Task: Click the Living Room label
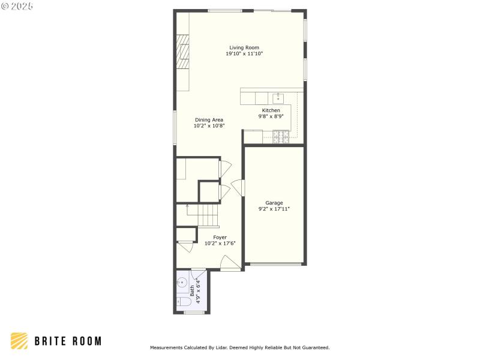[244, 47]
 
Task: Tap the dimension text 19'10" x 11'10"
[244, 54]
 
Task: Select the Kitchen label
[271, 110]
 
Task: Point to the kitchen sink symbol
[278, 98]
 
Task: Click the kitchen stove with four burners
[281, 139]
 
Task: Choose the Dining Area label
[209, 120]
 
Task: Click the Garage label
[274, 203]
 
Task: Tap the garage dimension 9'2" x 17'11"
[274, 209]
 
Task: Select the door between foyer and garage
[239, 188]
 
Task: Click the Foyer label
[220, 237]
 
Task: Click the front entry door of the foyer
[230, 263]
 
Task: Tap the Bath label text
[193, 290]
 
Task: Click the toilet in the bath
[181, 301]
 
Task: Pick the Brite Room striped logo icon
[19, 341]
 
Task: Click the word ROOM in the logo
[85, 341]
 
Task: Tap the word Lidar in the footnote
[218, 347]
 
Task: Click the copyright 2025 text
[17, 6]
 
